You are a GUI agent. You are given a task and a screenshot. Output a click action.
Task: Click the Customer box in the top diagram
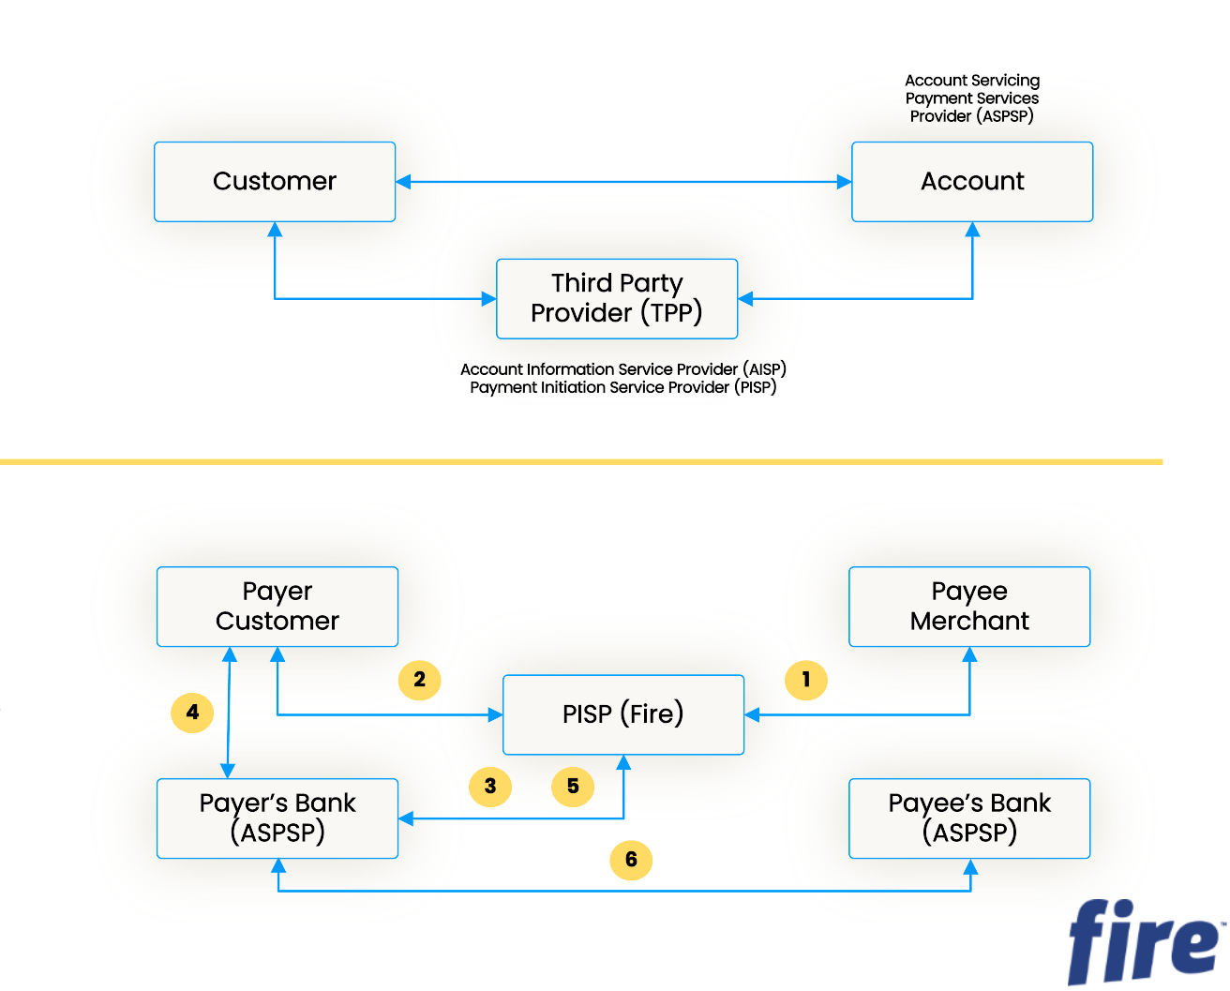(275, 182)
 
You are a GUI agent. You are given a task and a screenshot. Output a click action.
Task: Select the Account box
(972, 182)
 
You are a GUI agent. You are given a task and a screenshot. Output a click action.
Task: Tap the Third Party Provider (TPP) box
(617, 298)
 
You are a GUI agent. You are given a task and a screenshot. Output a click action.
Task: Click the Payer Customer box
(277, 607)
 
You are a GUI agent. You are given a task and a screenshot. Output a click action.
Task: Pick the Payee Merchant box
(969, 607)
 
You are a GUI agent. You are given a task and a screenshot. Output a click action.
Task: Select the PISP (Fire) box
(623, 714)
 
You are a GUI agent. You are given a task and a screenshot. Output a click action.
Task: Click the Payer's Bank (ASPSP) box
(277, 818)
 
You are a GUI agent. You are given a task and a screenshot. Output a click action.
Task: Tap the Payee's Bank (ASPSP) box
(969, 818)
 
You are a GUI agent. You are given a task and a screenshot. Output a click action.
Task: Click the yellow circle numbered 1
(806, 680)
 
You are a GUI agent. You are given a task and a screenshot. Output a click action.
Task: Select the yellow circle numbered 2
(419, 680)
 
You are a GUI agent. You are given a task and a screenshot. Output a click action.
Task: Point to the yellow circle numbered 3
(490, 786)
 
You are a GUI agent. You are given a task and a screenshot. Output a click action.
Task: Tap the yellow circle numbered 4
(192, 713)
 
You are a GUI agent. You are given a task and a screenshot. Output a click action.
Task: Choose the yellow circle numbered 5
(573, 786)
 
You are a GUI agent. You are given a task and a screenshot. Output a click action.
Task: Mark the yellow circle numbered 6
(631, 860)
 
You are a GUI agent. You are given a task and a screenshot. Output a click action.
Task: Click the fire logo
(1144, 941)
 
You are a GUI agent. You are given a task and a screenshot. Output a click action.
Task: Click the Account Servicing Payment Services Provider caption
(972, 98)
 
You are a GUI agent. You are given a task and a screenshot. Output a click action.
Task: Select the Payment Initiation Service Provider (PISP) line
(623, 388)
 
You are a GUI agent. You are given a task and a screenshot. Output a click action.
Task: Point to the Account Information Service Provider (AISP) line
(623, 369)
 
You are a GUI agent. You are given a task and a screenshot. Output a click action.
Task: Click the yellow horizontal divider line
(581, 462)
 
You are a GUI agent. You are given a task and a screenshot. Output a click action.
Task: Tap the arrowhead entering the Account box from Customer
(844, 182)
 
